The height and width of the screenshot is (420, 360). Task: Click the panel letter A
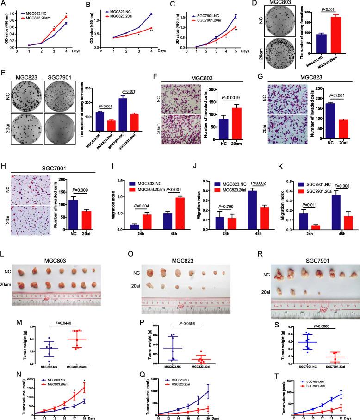click(4, 4)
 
